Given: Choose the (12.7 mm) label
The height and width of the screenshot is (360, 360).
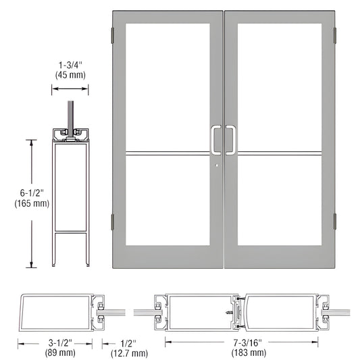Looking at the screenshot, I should (129, 353).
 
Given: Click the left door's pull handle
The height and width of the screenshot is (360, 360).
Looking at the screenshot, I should (215, 140).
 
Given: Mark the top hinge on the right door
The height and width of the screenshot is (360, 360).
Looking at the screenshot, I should (336, 34).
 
